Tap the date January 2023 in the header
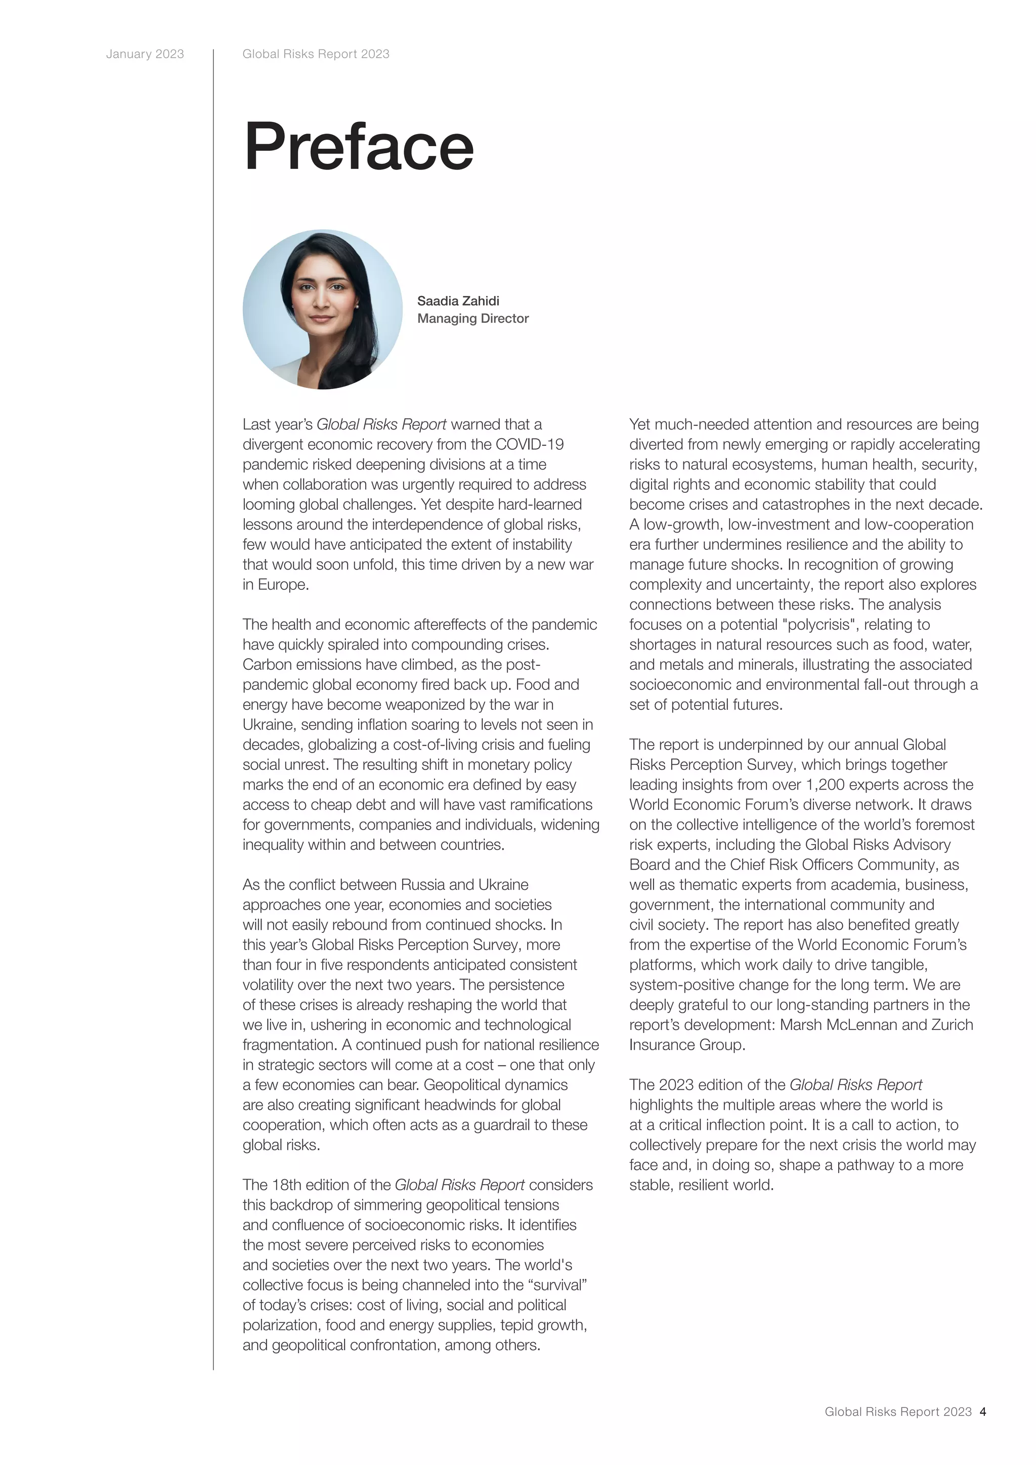pos(145,54)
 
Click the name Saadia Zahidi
pos(458,300)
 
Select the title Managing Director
pos(472,318)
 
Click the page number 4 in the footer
pos(983,1411)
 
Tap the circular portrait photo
pos(322,310)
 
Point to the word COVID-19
pos(530,444)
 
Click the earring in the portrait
pos(357,308)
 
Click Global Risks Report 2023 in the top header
pos(316,54)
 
